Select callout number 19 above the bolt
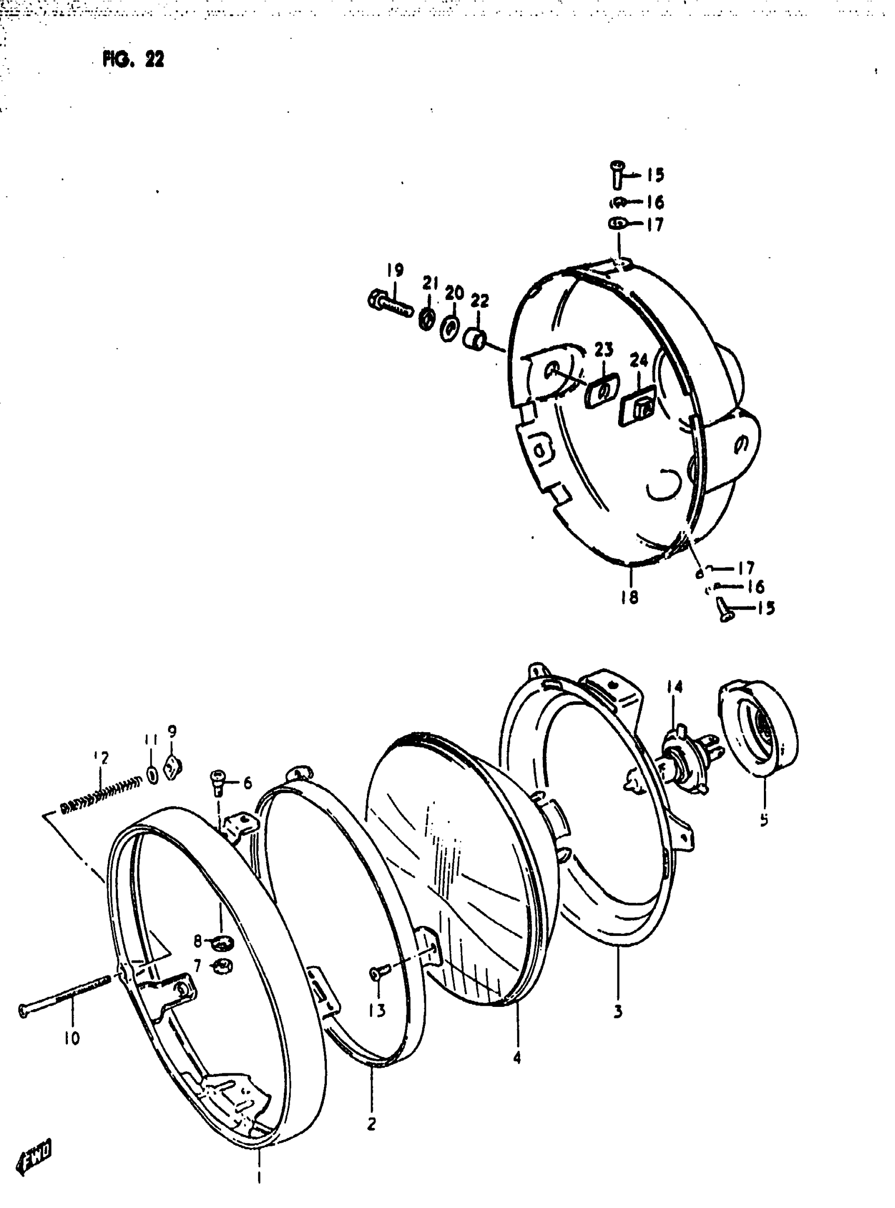[395, 270]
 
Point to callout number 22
[480, 301]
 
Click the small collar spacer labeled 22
[474, 340]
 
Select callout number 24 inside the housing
[639, 360]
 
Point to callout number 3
[618, 1011]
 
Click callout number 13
[377, 1010]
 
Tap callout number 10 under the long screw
[72, 1038]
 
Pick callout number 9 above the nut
[172, 732]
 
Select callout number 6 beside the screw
[247, 783]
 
